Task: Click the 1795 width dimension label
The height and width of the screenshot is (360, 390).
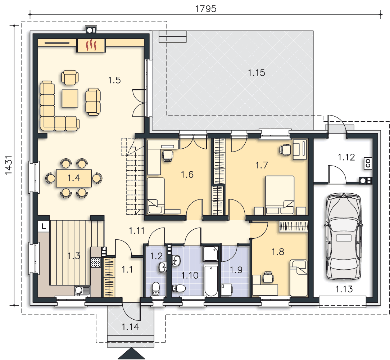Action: (x=206, y=9)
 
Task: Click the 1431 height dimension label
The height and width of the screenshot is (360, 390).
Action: (x=9, y=165)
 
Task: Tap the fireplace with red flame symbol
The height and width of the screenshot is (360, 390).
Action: (x=91, y=45)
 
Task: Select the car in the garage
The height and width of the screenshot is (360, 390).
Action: (x=344, y=236)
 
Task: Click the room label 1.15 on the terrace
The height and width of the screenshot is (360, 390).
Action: (x=257, y=73)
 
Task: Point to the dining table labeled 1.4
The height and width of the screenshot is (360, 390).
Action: (x=74, y=178)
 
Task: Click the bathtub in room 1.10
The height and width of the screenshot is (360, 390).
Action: (x=211, y=280)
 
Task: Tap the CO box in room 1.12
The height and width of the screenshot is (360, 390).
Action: (x=368, y=163)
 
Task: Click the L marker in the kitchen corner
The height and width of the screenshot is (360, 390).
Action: (x=44, y=226)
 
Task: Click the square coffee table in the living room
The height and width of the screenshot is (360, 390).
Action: (x=70, y=98)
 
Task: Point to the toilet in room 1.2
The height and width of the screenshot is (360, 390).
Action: (x=156, y=289)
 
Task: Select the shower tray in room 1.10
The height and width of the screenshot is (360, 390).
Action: (x=210, y=254)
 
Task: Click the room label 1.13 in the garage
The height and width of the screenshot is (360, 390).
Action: (x=344, y=289)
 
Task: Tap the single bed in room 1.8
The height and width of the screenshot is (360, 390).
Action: (x=299, y=278)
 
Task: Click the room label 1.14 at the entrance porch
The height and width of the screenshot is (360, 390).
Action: (x=130, y=327)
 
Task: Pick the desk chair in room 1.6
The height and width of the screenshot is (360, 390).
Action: (x=168, y=156)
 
